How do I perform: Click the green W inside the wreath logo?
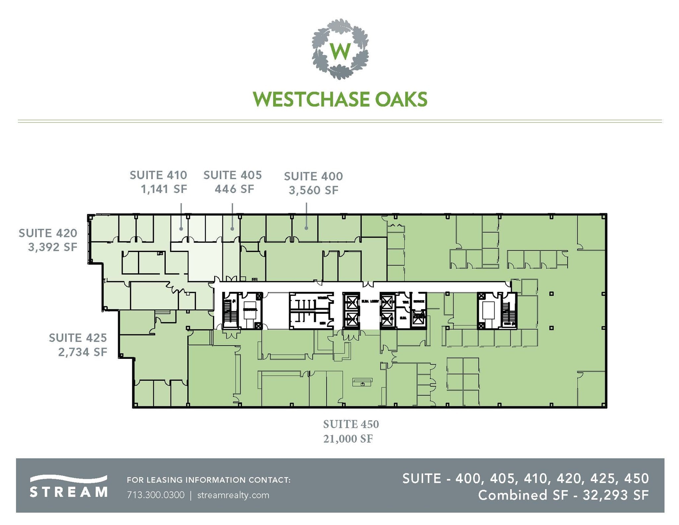pos(340,51)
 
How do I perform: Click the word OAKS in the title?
pos(401,99)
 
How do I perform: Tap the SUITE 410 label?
pos(158,175)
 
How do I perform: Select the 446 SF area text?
pos(234,189)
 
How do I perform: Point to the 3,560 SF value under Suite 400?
pos(313,190)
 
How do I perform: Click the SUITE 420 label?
pos(48,233)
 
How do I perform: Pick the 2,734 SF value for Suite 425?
pos(83,352)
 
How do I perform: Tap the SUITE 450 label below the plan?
pos(351,424)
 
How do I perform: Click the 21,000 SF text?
pos(348,439)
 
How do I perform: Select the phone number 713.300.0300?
pos(155,495)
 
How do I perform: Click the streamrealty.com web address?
pos(233,495)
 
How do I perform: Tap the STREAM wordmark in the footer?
pos(68,492)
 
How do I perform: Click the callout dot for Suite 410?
pos(181,229)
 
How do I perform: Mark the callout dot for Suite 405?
pos(232,229)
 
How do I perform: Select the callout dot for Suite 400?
pos(306,228)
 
